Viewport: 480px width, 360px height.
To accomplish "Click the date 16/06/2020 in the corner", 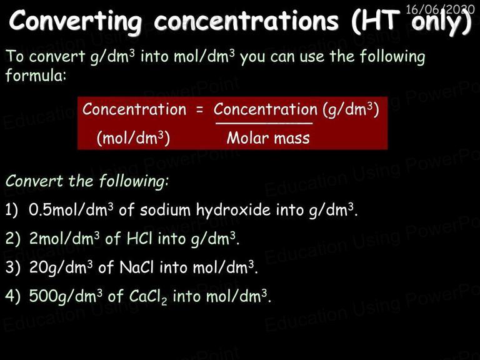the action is [x=440, y=9].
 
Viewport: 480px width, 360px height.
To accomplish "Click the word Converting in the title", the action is [x=75, y=21].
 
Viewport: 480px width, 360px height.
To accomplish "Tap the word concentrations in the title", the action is [x=246, y=21].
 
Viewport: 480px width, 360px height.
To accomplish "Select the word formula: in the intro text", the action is [x=36, y=75].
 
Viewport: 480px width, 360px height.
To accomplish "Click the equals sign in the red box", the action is [x=199, y=110].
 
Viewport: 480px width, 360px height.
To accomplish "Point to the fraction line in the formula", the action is [x=264, y=123].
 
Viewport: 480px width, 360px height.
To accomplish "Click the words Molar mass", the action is [x=268, y=138].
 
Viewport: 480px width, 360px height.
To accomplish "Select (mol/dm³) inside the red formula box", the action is [x=133, y=138].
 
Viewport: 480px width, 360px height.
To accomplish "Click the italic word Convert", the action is [x=34, y=181].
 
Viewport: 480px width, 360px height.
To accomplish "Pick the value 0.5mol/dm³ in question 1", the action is [x=71, y=210].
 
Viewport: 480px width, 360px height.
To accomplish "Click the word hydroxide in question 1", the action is [x=233, y=210].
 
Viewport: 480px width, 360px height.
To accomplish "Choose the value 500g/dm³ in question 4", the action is [x=66, y=296].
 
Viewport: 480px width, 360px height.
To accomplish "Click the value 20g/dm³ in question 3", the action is [x=61, y=267].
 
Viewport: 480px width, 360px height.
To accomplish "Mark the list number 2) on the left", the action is [x=13, y=238].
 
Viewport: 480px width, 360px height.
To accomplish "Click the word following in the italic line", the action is [x=134, y=181].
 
